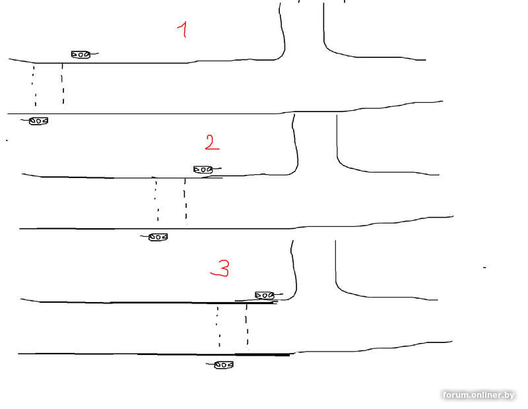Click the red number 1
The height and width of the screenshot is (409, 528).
coord(183,29)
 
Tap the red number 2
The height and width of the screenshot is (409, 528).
coord(212,142)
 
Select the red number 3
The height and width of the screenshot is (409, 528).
coord(220,268)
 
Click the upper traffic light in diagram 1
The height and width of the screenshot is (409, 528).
coord(81,54)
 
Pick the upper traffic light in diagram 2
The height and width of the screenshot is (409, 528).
coord(203,170)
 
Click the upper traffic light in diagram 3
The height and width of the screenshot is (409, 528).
coord(265,296)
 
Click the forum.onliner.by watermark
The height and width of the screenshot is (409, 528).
coord(478,395)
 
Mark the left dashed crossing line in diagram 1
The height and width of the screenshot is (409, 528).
coord(34,86)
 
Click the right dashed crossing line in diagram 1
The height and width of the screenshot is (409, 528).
coord(63,86)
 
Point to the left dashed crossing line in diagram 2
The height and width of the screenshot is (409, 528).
coord(156,201)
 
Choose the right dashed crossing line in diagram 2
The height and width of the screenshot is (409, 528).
coord(185,201)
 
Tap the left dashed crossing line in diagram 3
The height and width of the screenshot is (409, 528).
coord(218,326)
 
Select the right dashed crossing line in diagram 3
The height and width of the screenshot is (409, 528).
coord(247,327)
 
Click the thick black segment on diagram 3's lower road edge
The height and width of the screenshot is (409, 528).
coord(262,354)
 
